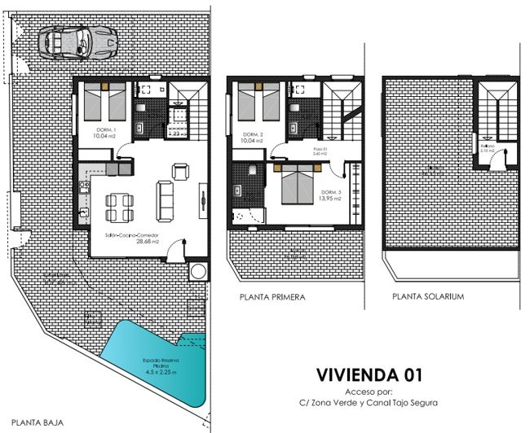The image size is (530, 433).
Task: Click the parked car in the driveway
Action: click(x=78, y=40)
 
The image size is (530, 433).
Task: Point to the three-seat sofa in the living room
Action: click(x=166, y=200)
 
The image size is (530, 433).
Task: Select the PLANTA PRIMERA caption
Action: click(x=272, y=298)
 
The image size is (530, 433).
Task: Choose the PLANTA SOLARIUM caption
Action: click(x=428, y=297)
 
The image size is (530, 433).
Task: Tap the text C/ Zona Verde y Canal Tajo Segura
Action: click(x=368, y=403)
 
